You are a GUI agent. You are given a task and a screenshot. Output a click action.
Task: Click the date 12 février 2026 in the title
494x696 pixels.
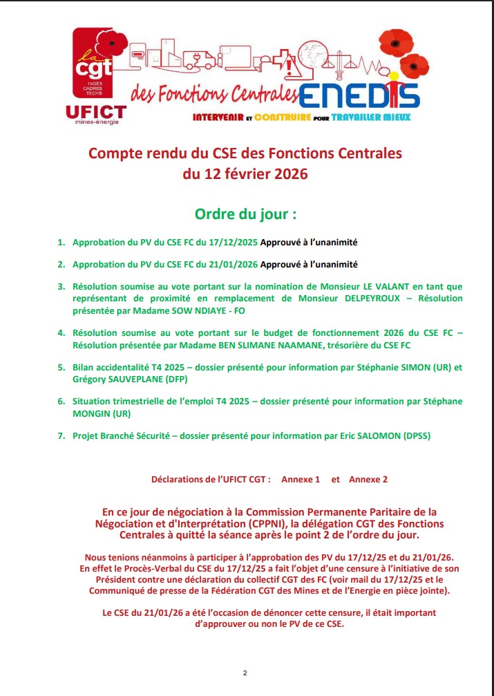pyautogui.click(x=245, y=174)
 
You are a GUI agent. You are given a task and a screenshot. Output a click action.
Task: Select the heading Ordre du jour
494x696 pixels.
pyautogui.click(x=246, y=214)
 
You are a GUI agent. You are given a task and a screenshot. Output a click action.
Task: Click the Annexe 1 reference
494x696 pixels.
pyautogui.click(x=301, y=479)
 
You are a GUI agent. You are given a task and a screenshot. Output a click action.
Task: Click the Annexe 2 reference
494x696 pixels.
pyautogui.click(x=368, y=479)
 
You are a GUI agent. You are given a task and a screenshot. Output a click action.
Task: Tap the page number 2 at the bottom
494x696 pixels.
pyautogui.click(x=245, y=673)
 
